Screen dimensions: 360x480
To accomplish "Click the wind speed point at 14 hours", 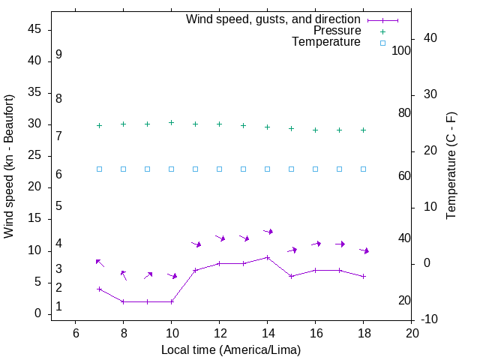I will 267,257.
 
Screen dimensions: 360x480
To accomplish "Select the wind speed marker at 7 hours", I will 99,289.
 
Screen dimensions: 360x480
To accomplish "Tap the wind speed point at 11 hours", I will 195,270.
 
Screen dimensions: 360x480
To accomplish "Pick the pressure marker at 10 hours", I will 171,122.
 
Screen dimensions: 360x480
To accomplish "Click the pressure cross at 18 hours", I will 363,130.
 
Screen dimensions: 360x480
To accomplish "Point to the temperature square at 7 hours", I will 99,169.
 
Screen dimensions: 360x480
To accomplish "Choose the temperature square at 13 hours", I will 243,169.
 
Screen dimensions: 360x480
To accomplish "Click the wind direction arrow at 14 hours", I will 268,232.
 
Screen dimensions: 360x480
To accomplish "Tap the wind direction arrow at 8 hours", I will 124,275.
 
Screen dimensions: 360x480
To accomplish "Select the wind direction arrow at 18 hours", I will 364,250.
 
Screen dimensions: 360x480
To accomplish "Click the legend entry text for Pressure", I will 337,31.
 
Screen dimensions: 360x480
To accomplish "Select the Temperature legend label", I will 326,43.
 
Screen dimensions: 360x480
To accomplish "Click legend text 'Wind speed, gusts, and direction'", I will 274,19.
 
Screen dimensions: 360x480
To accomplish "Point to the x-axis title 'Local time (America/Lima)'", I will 231,349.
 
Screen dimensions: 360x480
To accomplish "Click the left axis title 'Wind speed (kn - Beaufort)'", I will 9,166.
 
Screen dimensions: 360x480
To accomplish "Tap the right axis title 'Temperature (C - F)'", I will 451,166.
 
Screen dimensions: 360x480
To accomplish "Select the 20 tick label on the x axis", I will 411,333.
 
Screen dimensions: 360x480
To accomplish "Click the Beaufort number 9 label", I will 58,55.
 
